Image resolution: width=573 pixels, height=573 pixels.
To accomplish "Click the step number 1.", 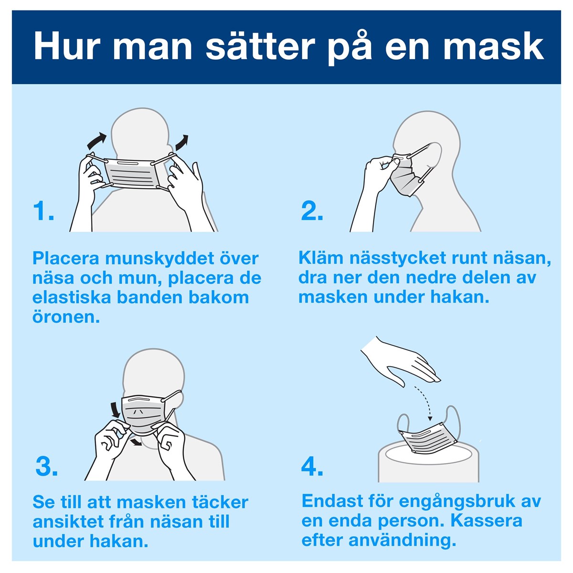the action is pos(43,211).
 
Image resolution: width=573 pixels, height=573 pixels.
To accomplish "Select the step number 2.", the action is pos(312,211).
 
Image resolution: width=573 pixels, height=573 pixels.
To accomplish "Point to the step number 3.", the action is pos(47,466).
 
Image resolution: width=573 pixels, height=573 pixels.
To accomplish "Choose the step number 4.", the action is pos(312,466).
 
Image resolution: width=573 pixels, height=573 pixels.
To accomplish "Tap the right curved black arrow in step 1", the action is pos(181,142).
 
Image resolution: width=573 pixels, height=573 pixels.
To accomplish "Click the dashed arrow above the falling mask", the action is pos(424,403).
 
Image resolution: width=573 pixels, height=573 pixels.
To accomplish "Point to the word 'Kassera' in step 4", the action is pos(486,520).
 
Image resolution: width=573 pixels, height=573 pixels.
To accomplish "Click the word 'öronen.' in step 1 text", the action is pos(66,318).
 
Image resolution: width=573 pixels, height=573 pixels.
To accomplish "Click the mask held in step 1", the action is pos(132,174).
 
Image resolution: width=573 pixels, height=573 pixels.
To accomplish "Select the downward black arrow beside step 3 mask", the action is pos(116,409).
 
